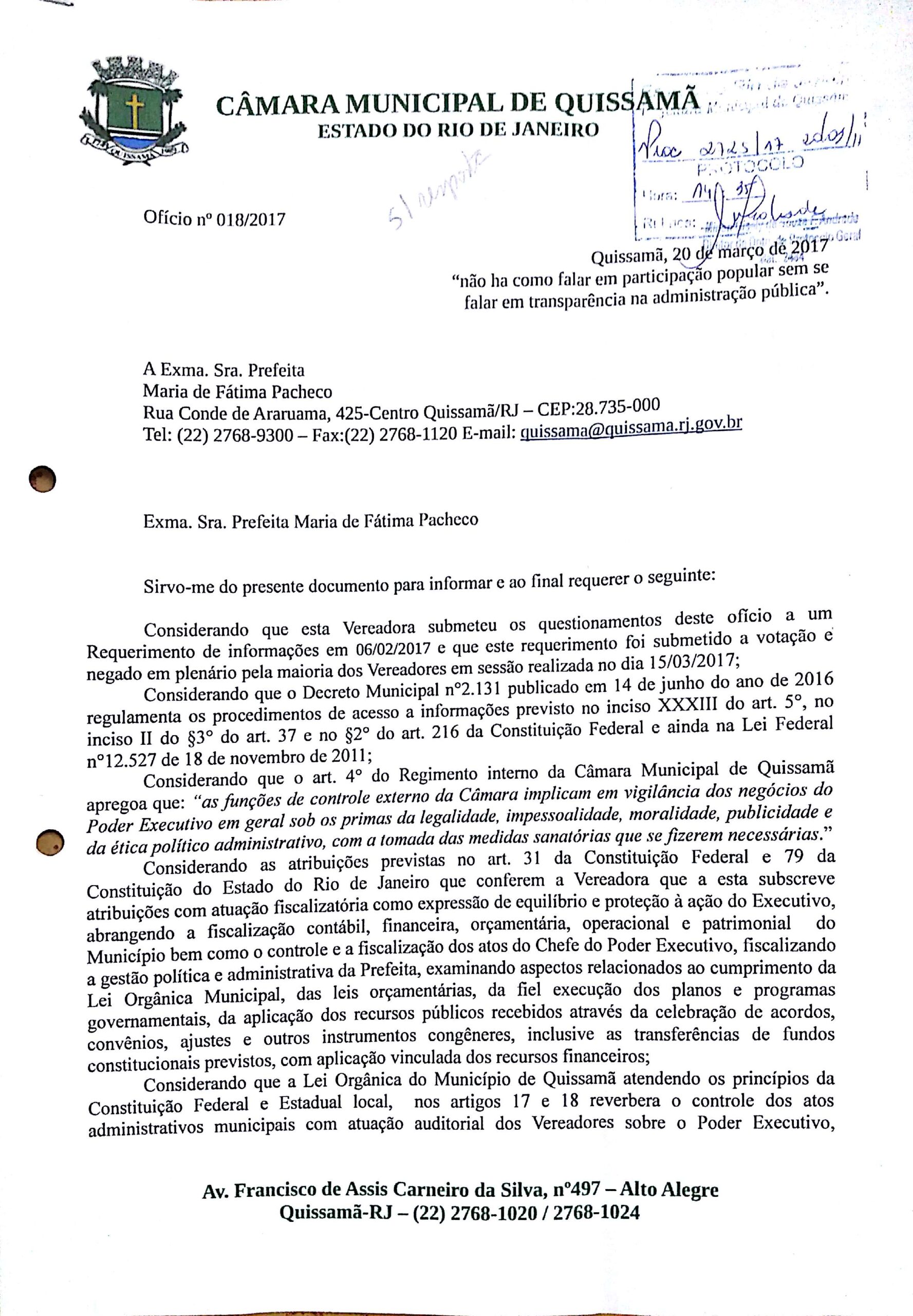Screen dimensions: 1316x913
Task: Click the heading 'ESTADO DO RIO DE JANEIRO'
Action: click(x=458, y=131)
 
